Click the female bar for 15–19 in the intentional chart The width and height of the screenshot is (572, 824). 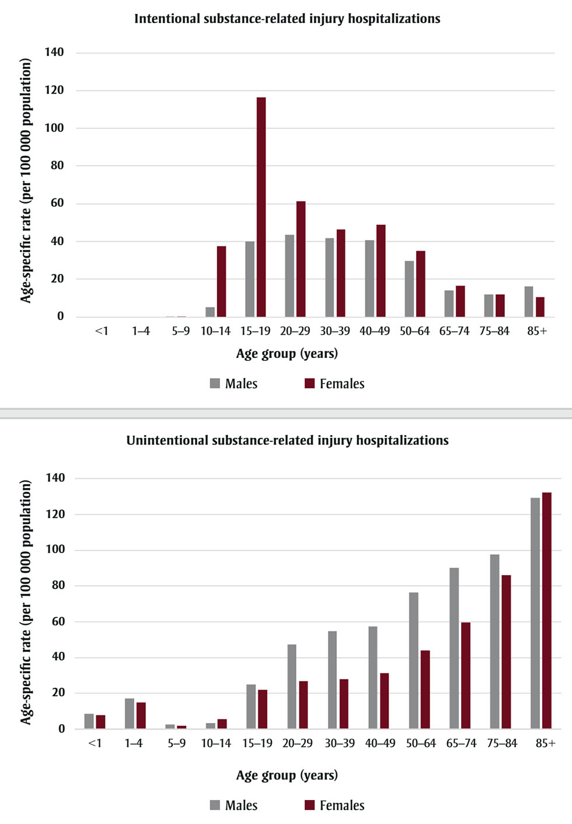[x=261, y=207]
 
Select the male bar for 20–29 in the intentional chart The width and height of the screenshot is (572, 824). [x=290, y=276]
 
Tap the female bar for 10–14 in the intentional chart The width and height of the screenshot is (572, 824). [x=221, y=281]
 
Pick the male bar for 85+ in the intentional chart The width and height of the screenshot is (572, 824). [x=528, y=302]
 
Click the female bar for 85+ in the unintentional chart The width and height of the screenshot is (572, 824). [x=546, y=610]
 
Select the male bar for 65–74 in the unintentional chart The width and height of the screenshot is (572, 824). [x=454, y=648]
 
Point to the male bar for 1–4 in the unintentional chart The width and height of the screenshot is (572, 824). [x=129, y=714]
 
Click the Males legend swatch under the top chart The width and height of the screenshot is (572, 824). [x=215, y=384]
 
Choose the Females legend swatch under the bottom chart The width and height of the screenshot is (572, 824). [x=310, y=805]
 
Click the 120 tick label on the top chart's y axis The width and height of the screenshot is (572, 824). [x=54, y=90]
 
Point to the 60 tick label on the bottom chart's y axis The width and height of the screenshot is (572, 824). [x=58, y=621]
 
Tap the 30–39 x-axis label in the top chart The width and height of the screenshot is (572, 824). [x=335, y=331]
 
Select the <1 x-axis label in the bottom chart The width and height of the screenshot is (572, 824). [x=95, y=743]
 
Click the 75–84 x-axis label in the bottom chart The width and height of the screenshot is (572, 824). [x=502, y=743]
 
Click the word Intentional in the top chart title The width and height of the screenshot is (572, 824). [x=167, y=19]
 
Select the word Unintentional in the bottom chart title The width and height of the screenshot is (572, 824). [x=167, y=440]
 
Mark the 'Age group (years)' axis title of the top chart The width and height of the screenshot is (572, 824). [x=287, y=354]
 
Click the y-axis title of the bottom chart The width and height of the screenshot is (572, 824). [x=26, y=602]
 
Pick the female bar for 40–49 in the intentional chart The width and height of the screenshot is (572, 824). [x=381, y=270]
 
